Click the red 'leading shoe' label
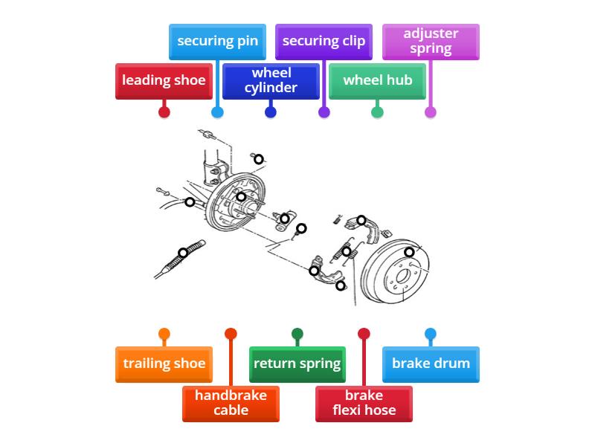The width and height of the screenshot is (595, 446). coord(164,80)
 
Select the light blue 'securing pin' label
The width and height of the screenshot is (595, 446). coord(217,41)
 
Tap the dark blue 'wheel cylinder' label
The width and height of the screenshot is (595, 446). coord(271,80)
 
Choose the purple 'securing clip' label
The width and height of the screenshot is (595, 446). coord(324,41)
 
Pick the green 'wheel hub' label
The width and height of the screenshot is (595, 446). coord(377,80)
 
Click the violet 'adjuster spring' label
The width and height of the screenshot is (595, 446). coord(431,41)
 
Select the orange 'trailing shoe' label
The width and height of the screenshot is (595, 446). coord(164,363)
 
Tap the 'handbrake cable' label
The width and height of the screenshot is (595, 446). coord(231,402)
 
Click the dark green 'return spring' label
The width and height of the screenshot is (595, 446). coord(297,363)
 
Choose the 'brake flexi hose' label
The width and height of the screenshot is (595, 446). coord(364,402)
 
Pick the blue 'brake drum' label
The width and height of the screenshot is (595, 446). coord(431,363)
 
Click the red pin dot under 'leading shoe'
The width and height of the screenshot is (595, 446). coord(164,112)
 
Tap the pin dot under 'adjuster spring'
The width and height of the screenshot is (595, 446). coord(431,112)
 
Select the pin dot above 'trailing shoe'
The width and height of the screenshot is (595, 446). coord(164,334)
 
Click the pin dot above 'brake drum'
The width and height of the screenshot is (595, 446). coord(431,334)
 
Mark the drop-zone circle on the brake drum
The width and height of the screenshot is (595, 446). coord(409,253)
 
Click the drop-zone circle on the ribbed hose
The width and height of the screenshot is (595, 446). coord(184,253)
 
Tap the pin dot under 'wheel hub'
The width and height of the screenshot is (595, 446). coord(377,112)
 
